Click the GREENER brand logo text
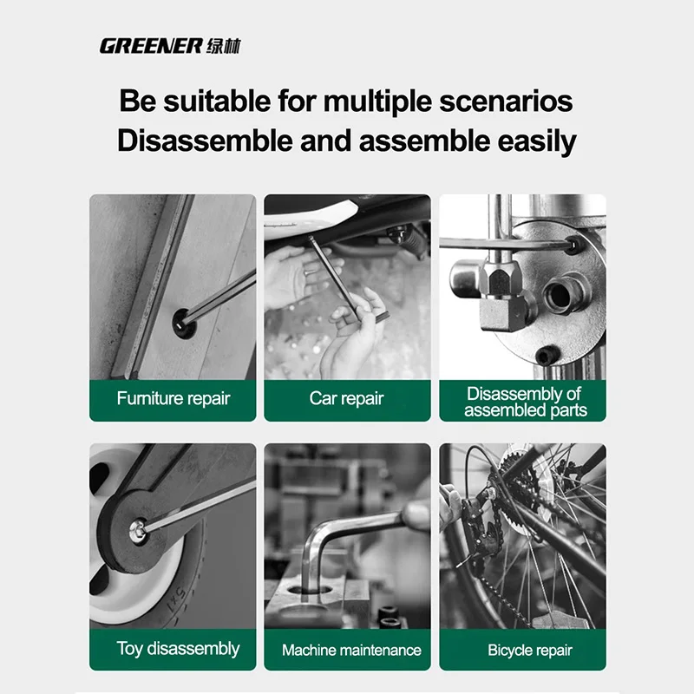click(150, 46)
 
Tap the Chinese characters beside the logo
click(223, 46)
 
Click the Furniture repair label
click(173, 399)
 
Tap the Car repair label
click(347, 399)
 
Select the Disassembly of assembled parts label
click(524, 402)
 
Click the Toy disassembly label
click(178, 649)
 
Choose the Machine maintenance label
click(351, 650)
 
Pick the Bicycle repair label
click(530, 650)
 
